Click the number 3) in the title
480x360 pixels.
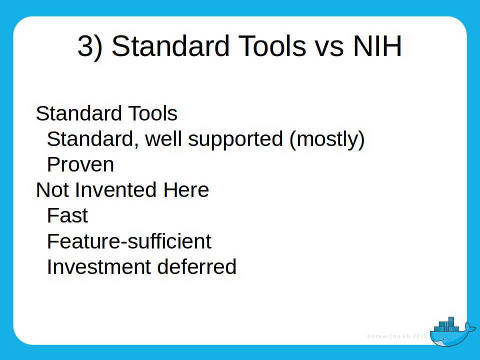point(90,46)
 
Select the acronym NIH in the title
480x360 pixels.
point(377,46)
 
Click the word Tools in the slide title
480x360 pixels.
point(272,46)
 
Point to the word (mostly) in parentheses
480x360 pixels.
point(327,139)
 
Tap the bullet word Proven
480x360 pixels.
point(80,164)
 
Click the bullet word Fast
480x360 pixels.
point(67,215)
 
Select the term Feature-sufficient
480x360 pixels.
point(129,241)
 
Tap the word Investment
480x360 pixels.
point(99,267)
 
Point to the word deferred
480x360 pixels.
point(196,267)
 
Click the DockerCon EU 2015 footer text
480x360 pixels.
point(397,336)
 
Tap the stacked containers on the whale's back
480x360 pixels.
point(446,325)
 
